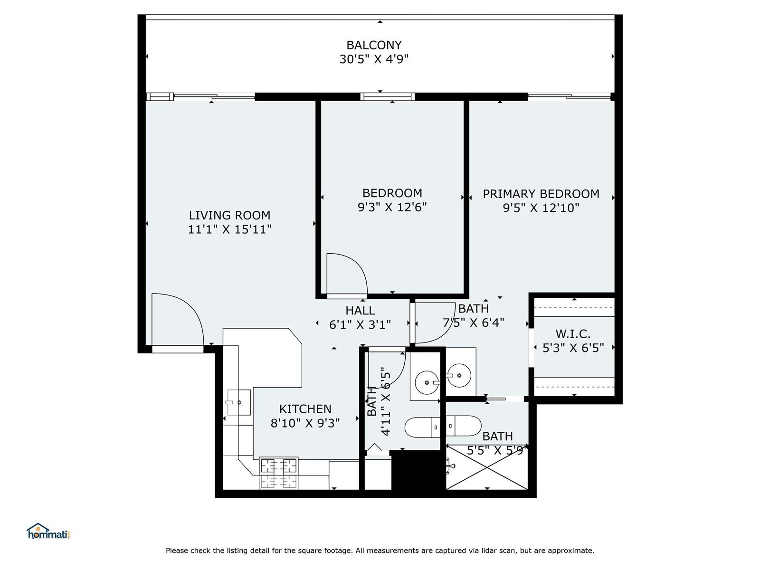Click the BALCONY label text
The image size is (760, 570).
click(x=374, y=45)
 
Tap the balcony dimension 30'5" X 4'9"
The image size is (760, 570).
click(x=374, y=59)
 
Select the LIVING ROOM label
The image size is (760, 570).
click(x=229, y=215)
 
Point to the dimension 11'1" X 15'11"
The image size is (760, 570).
click(x=229, y=229)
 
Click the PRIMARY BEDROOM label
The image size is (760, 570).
click(x=541, y=194)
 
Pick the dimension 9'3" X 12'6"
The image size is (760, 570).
click(x=392, y=207)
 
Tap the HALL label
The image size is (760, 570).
click(x=360, y=311)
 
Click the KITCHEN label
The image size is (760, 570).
click(x=305, y=408)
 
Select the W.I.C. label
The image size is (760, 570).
click(x=573, y=334)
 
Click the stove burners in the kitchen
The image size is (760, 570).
click(x=279, y=473)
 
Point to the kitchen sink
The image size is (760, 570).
click(x=238, y=402)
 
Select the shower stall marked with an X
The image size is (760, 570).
click(x=486, y=467)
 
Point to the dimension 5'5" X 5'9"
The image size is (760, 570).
click(x=497, y=450)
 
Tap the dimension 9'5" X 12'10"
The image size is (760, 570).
click(x=541, y=208)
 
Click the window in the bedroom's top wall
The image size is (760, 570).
click(x=388, y=96)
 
